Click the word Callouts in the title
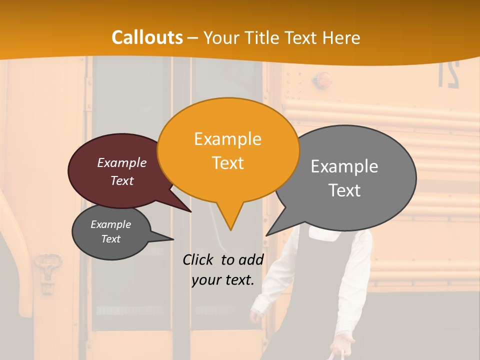click(147, 37)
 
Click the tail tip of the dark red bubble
click(191, 211)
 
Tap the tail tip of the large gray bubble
click(266, 235)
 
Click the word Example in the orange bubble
click(227, 139)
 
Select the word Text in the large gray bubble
click(344, 190)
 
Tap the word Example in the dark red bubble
click(121, 162)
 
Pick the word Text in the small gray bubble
click(110, 239)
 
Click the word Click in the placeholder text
click(198, 259)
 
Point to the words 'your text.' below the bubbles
click(222, 280)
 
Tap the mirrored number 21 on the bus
click(448, 74)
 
